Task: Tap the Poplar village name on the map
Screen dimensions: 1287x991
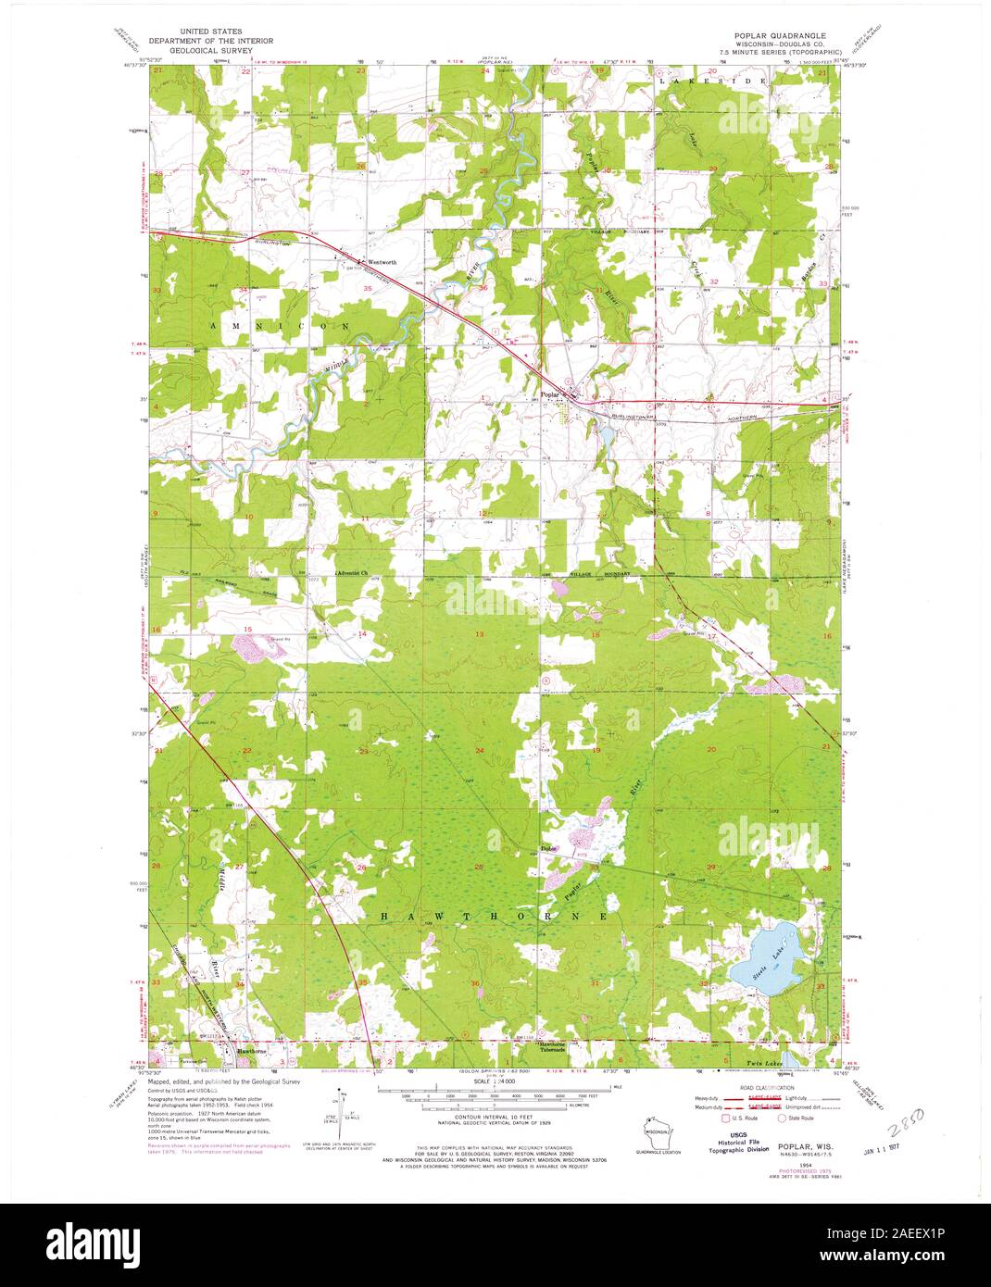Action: (551, 393)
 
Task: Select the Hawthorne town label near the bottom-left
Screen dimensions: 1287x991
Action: (251, 1053)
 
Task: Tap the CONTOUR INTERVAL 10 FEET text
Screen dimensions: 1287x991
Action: (495, 1117)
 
